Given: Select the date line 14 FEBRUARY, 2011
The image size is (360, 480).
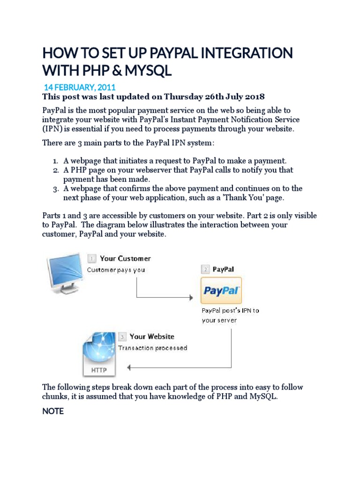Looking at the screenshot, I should pos(80,87).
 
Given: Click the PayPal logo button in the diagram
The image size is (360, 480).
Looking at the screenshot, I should pos(221,291).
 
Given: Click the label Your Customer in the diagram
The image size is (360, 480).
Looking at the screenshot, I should pos(125,258).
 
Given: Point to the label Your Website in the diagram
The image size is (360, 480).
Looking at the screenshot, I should pos(151,336).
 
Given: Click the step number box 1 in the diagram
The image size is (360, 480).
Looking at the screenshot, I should pos(92,258).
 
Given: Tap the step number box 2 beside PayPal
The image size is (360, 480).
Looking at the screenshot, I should pos(205,270).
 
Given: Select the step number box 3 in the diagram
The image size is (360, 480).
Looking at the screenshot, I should pos(122,337).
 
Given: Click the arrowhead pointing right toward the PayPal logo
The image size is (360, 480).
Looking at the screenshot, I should pos(190,298).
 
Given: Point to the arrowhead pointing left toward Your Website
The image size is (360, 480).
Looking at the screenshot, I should pos(129,367).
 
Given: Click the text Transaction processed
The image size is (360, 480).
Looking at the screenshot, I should pos(152,348).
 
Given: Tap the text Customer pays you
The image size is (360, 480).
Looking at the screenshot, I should pos(116,270).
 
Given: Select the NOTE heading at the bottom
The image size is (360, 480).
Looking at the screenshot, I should pos(53,412).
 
